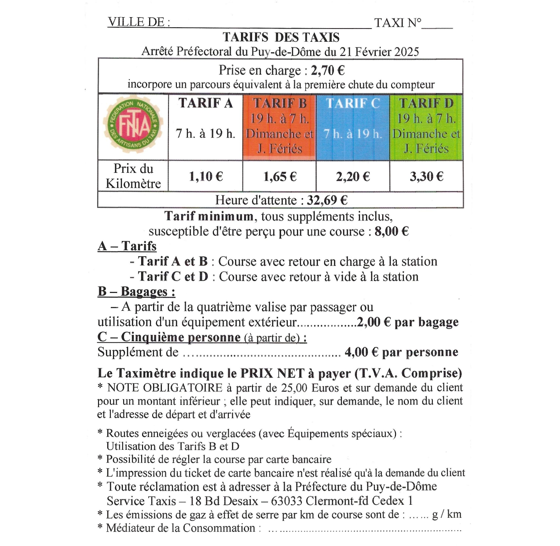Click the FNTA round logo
[x=133, y=126]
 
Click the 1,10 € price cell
[x=205, y=177]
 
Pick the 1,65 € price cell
[x=280, y=177]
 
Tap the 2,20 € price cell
[x=353, y=177]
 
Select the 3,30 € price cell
[x=426, y=177]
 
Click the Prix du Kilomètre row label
[x=133, y=176]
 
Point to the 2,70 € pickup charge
[x=328, y=70]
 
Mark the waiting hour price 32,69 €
[x=327, y=200]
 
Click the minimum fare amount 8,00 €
[x=392, y=231]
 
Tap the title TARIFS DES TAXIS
[x=281, y=37]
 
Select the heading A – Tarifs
[x=127, y=246]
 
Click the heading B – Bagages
[x=136, y=291]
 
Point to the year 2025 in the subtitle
[x=406, y=52]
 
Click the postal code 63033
[x=286, y=501]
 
